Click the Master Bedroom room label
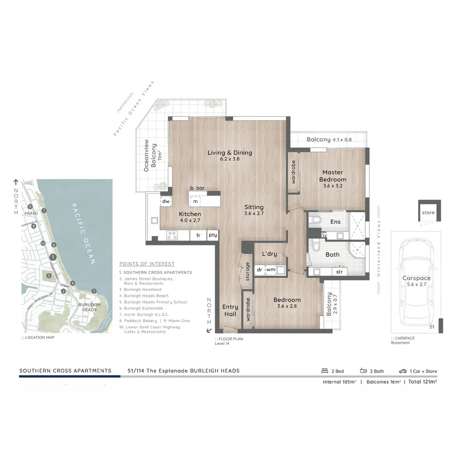point(333,176)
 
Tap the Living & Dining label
point(230,156)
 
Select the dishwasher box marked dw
point(166,202)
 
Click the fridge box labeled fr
point(198,235)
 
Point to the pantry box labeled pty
point(212,235)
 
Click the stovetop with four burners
point(172,235)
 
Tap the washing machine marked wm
point(271,270)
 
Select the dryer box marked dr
point(259,270)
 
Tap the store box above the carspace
point(428,212)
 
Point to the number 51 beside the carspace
point(432,327)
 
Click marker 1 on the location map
point(52,257)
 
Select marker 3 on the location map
point(94,291)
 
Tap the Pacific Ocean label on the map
point(83,233)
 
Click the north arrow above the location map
point(16,182)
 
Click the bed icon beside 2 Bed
point(325,371)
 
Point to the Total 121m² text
point(422,382)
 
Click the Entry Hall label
point(230,310)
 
